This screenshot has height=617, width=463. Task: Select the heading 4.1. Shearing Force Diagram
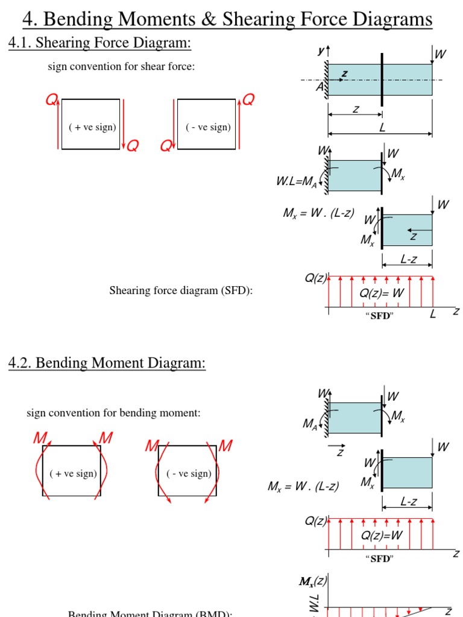pyautogui.click(x=99, y=43)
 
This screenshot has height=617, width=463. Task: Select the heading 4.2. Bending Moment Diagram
pyautogui.click(x=107, y=363)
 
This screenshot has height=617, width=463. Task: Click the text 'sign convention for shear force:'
pyautogui.click(x=121, y=67)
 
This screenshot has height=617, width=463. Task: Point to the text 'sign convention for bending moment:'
pyautogui.click(x=113, y=413)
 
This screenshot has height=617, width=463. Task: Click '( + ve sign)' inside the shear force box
pyautogui.click(x=92, y=127)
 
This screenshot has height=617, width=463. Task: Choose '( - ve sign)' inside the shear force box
pyautogui.click(x=207, y=127)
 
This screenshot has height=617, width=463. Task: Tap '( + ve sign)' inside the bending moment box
pyautogui.click(x=72, y=474)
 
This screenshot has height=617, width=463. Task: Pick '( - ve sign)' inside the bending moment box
pyautogui.click(x=189, y=474)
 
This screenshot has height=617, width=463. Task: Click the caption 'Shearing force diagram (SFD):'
pyautogui.click(x=181, y=291)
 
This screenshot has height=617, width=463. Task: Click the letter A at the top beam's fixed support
pyautogui.click(x=320, y=87)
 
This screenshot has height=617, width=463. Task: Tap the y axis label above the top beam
pyautogui.click(x=321, y=52)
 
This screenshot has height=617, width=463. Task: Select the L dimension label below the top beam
pyautogui.click(x=381, y=127)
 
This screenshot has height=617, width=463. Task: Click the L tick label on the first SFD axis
pyautogui.click(x=432, y=314)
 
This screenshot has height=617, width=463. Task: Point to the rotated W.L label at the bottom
pyautogui.click(x=314, y=604)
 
